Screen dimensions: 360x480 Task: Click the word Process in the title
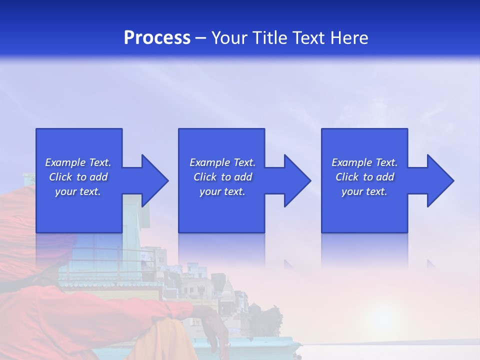coord(157,38)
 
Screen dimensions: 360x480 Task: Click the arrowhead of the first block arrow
coord(155,180)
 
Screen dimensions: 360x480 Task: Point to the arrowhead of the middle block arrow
coord(297,180)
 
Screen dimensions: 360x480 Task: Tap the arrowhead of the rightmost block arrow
coord(440,180)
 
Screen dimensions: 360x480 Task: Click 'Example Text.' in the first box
coord(78,162)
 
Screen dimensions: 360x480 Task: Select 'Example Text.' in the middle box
coord(222,162)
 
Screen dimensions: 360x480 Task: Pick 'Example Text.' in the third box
coord(364,162)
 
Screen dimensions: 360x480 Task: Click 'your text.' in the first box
coord(78,191)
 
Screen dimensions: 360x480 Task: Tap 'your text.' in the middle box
coord(222,191)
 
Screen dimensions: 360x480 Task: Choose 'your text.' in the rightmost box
coord(364,191)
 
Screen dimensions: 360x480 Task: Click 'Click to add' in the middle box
coord(222,177)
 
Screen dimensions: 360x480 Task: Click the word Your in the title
coord(229,38)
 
